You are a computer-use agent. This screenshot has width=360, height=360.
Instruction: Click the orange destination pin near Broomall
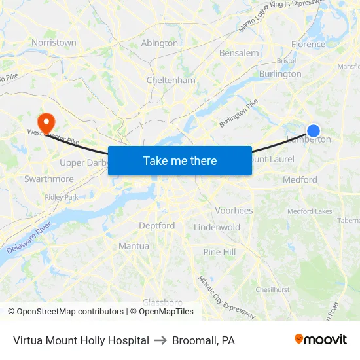click(46, 121)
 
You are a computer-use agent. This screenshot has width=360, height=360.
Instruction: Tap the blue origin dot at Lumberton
click(314, 131)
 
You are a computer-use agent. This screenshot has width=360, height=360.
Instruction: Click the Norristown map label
click(54, 43)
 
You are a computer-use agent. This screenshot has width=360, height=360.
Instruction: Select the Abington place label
click(160, 43)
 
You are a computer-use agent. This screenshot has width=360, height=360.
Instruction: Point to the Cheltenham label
click(171, 81)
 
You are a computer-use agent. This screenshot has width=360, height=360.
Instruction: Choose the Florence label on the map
click(308, 45)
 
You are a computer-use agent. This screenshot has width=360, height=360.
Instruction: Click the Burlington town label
click(280, 74)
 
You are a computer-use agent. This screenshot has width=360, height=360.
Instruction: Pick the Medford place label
click(300, 179)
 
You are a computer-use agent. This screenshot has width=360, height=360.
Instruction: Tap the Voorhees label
click(234, 211)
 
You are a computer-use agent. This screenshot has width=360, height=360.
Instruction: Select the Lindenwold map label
click(217, 227)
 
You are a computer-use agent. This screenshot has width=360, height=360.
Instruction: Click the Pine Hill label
click(219, 252)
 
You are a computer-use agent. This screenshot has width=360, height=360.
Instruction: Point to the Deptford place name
click(157, 226)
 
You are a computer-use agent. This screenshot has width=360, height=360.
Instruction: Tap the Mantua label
click(134, 246)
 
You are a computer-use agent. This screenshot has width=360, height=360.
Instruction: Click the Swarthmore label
click(49, 179)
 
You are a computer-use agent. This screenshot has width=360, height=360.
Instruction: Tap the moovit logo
click(321, 340)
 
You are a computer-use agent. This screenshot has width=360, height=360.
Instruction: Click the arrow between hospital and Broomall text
click(161, 340)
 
